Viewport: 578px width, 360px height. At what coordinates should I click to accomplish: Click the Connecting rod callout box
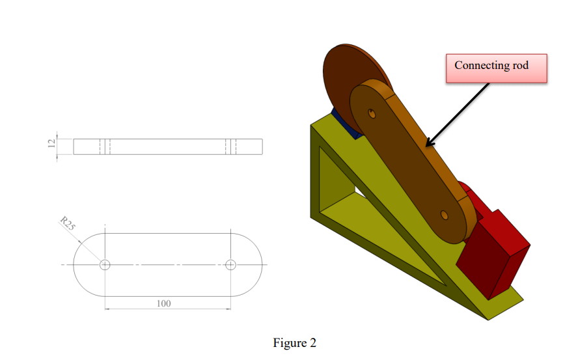pyautogui.click(x=496, y=68)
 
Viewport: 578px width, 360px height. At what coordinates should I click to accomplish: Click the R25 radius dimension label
pyautogui.click(x=67, y=224)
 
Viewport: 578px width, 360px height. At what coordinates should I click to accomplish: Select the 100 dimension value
pyautogui.click(x=164, y=303)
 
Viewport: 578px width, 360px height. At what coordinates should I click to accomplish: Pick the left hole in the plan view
pyautogui.click(x=105, y=264)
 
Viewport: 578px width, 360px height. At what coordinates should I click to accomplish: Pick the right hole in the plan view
pyautogui.click(x=230, y=264)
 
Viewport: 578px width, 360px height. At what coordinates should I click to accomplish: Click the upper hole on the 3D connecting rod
pyautogui.click(x=372, y=113)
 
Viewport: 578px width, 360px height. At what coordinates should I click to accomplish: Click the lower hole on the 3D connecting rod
pyautogui.click(x=445, y=214)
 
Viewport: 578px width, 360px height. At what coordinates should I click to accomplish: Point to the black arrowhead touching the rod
pyautogui.click(x=429, y=143)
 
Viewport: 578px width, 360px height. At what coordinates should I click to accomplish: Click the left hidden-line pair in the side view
pyautogui.click(x=104, y=146)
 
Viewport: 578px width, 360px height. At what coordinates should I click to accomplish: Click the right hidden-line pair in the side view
pyautogui.click(x=230, y=146)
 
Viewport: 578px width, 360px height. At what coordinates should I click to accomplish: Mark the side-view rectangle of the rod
pyautogui.click(x=168, y=146)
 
